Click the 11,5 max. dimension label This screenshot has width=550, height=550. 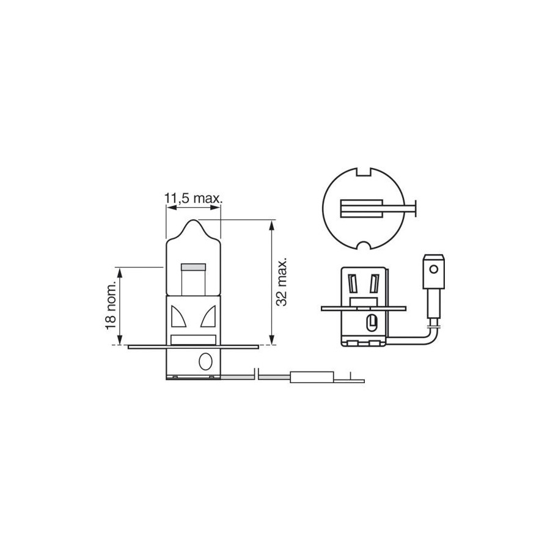tap(194, 199)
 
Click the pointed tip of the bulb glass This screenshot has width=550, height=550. tap(193, 220)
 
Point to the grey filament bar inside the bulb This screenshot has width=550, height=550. tap(193, 267)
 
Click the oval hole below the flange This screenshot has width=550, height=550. tap(205, 361)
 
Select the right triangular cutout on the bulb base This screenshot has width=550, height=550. tap(208, 317)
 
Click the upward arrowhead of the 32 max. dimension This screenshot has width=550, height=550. tap(271, 225)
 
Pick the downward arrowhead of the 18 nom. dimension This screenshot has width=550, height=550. tap(120, 340)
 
